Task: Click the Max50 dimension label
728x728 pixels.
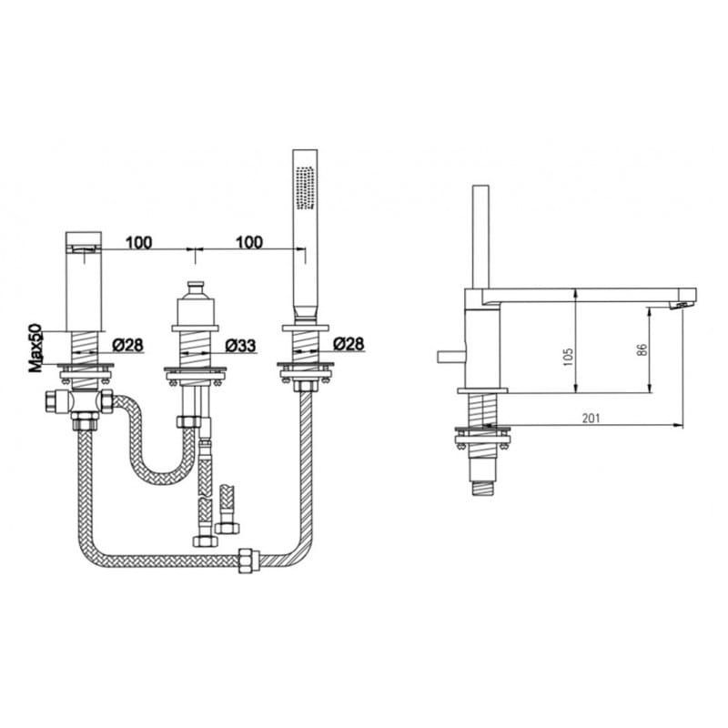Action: coord(36,348)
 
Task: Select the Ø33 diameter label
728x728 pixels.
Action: coord(240,346)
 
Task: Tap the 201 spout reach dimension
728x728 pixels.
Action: coord(591,418)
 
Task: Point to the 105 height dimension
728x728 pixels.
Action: coord(568,357)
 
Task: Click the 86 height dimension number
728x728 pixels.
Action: coord(642,349)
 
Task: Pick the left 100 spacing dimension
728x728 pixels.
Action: coord(138,242)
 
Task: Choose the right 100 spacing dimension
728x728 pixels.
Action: coord(248,242)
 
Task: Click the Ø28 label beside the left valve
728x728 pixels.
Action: coord(127,345)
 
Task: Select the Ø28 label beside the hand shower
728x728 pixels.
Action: coord(349,344)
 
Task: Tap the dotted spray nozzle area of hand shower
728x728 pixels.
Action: coord(306,187)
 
